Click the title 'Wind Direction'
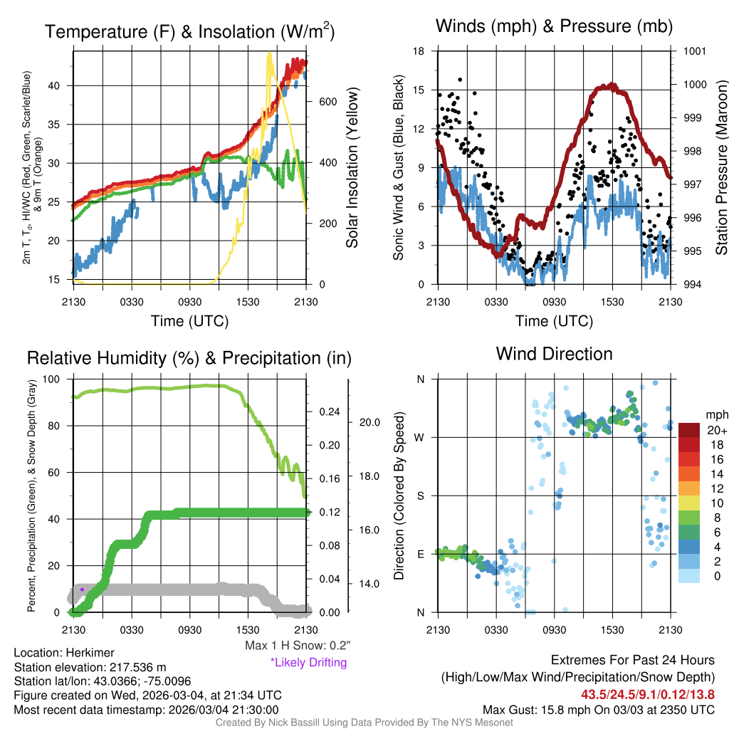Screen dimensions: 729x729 tap(554, 354)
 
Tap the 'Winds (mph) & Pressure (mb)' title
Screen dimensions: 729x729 tap(554, 26)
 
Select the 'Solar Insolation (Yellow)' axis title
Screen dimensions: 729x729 tap(352, 168)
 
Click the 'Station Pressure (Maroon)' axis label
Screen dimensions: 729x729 tap(720, 168)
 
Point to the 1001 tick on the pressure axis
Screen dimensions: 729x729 tap(694, 51)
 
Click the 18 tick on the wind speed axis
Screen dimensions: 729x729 tap(419, 51)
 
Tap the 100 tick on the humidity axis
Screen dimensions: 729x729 tap(61, 379)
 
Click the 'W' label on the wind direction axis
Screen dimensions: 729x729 tap(421, 437)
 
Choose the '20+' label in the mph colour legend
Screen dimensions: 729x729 tap(716, 431)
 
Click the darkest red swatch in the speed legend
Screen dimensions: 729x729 tap(690, 430)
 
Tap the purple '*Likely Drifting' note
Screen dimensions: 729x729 tap(308, 662)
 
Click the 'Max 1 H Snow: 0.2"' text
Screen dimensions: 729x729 tap(298, 646)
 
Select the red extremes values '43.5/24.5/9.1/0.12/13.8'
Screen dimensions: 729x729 tap(648, 694)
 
